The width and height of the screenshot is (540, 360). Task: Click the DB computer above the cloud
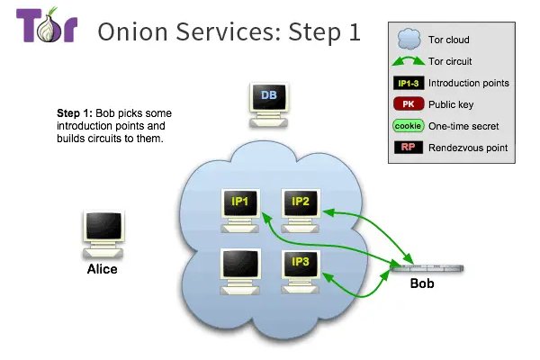point(268,101)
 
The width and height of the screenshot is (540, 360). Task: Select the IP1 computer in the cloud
point(240,207)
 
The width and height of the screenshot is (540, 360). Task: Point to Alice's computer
point(102,233)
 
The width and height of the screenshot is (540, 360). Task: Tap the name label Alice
point(102,268)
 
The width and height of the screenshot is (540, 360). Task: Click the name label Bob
point(422,284)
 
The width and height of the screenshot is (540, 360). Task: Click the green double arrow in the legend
point(409,61)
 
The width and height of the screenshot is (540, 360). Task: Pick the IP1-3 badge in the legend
point(409,83)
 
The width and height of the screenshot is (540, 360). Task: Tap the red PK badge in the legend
point(409,104)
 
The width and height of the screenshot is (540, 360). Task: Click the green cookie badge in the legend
point(409,126)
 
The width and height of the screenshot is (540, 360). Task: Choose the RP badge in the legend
point(409,148)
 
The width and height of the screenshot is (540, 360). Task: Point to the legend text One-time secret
point(463,126)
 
